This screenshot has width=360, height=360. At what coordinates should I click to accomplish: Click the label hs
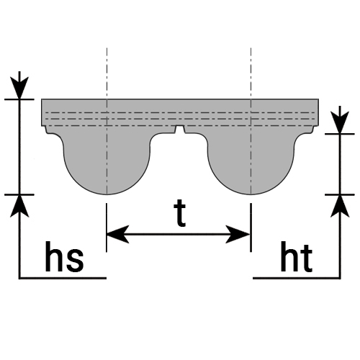(64, 257)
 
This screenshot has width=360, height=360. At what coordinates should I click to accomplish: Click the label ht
(297, 257)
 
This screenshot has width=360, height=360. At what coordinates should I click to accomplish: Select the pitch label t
(180, 214)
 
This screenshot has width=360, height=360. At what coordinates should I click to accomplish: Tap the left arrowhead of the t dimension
(117, 234)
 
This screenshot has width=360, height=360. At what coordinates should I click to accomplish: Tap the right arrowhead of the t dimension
(238, 234)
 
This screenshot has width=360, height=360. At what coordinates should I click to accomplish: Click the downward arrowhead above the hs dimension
(19, 87)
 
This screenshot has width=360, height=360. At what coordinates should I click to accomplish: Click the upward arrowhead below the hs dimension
(19, 206)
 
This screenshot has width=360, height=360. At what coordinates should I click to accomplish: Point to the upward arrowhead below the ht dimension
(340, 206)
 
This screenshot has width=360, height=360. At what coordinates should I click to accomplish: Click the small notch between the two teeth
(180, 129)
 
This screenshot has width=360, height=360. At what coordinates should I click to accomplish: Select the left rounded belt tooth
(107, 163)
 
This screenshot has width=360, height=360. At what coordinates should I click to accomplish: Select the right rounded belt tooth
(251, 163)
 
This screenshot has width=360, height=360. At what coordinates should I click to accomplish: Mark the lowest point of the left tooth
(107, 194)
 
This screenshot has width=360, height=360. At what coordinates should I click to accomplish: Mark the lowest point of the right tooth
(251, 194)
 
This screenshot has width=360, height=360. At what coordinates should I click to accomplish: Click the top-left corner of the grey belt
(42, 99)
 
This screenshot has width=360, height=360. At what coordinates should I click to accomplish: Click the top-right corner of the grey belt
(319, 99)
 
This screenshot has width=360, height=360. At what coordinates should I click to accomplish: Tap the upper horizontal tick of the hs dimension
(19, 99)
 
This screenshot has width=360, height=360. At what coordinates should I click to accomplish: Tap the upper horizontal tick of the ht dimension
(340, 134)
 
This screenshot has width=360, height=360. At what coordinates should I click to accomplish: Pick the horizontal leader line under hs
(63, 278)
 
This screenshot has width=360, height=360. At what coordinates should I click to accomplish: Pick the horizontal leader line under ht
(297, 278)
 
